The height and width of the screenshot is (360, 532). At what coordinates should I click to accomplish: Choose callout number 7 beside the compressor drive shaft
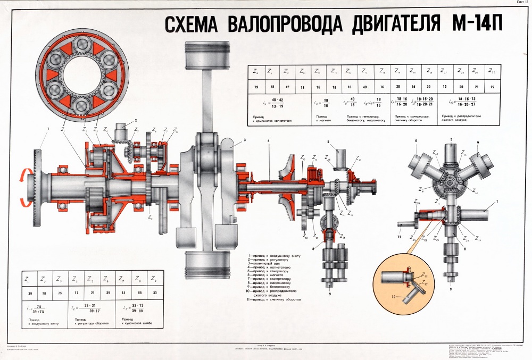pyautogui.click(x=495, y=202)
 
